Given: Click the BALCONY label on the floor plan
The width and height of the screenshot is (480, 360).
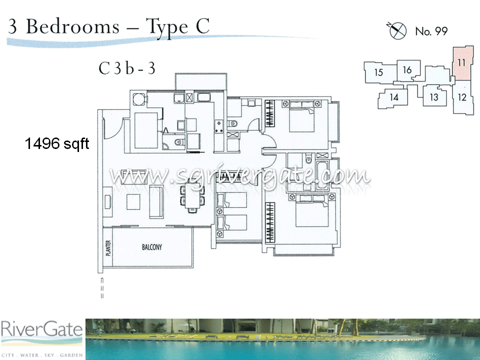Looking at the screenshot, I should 151,247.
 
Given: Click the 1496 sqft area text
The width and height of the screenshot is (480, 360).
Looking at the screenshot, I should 56,144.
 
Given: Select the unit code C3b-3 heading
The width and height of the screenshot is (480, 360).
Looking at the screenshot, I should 126,68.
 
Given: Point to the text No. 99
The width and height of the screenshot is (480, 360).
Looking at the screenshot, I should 431,31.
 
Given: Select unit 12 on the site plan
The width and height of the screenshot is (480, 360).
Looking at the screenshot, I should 462,97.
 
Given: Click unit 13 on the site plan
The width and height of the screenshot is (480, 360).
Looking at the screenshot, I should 433,96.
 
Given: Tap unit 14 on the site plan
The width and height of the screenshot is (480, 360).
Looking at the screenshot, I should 394,97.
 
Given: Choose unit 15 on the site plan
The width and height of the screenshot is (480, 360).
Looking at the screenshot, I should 378,72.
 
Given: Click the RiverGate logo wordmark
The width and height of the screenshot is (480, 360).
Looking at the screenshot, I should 41,330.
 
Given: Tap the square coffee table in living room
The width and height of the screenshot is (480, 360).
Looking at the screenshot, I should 133,201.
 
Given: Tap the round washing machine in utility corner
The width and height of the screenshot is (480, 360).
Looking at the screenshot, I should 139,98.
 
